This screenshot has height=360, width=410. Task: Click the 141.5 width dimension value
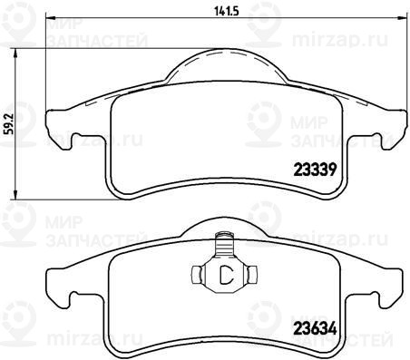[x=227, y=11]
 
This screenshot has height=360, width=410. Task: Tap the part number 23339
[x=315, y=170]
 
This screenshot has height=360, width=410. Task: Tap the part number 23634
[x=315, y=329]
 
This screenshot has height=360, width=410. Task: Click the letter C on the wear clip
[x=226, y=275]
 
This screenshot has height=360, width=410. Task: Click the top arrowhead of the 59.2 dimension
[x=15, y=54]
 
